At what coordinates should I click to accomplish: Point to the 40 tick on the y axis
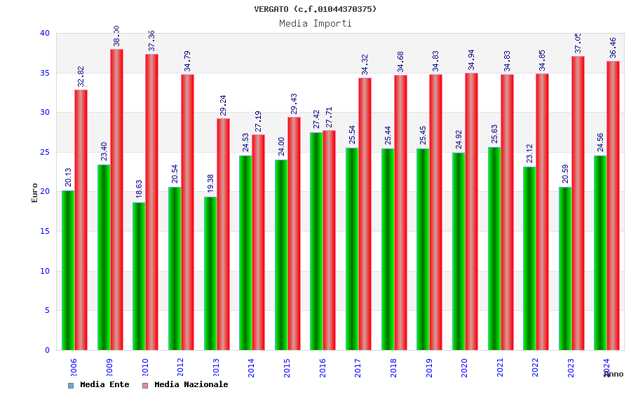(x=45, y=34)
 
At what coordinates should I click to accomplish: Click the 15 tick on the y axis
(x=45, y=231)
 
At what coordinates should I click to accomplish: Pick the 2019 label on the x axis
(x=429, y=367)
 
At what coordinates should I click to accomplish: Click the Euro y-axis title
(x=35, y=192)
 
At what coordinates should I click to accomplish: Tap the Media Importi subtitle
(x=315, y=23)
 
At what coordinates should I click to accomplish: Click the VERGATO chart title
(x=315, y=9)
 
